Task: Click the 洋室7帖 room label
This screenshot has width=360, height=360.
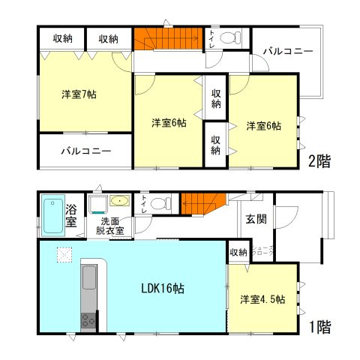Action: (79, 95)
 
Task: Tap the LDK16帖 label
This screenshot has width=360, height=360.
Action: (159, 288)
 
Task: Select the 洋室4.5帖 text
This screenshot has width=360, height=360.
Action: (262, 299)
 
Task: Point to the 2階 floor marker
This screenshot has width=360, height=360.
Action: (319, 160)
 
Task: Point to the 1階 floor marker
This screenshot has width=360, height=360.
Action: (319, 326)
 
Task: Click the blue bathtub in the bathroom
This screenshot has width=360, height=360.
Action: (52, 215)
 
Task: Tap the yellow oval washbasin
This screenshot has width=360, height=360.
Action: (119, 200)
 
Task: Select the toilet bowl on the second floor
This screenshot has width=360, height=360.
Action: (235, 36)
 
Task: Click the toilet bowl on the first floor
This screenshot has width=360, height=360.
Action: (159, 204)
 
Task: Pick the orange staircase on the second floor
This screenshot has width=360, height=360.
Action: (169, 38)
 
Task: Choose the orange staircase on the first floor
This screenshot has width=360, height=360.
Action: (202, 202)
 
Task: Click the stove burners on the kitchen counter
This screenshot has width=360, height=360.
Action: (88, 320)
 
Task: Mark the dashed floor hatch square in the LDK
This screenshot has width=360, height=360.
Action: (64, 255)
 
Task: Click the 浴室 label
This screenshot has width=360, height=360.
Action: (71, 216)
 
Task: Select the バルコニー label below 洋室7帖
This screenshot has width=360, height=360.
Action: (86, 151)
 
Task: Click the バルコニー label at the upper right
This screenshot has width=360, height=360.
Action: (287, 52)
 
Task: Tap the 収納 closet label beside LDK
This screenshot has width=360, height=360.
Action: (238, 252)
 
